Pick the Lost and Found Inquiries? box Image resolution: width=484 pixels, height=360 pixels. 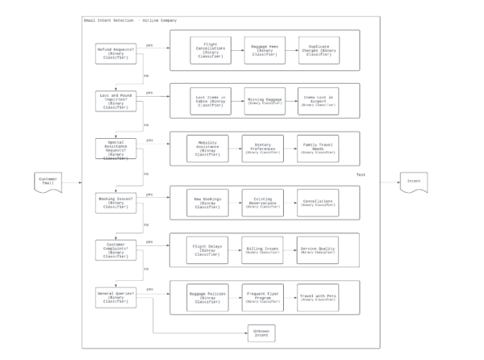pyautogui.click(x=116, y=101)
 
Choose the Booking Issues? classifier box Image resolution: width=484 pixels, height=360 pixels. pyautogui.click(x=116, y=203)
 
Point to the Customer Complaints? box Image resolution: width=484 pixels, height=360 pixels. pyautogui.click(x=116, y=249)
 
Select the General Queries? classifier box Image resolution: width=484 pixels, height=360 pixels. pyautogui.click(x=116, y=296)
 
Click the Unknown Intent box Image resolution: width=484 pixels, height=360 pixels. pyautogui.click(x=262, y=333)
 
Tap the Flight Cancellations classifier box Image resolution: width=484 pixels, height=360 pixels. pyautogui.click(x=211, y=50)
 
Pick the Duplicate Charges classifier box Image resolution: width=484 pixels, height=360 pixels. pyautogui.click(x=319, y=50)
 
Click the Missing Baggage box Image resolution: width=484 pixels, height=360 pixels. pyautogui.click(x=265, y=101)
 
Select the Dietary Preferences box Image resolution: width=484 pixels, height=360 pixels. pyautogui.click(x=263, y=149)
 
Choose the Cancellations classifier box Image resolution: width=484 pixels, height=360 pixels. pyautogui.click(x=317, y=203)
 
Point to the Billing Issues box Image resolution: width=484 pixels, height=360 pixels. pyautogui.click(x=263, y=249)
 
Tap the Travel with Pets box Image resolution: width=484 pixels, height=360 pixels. pyautogui.click(x=317, y=296)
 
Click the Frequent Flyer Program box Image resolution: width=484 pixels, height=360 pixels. pyautogui.click(x=263, y=296)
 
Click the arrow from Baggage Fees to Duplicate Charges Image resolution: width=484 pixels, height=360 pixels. pyautogui.click(x=291, y=50)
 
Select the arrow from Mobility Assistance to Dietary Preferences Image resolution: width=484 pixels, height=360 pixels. pyautogui.click(x=235, y=149)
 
